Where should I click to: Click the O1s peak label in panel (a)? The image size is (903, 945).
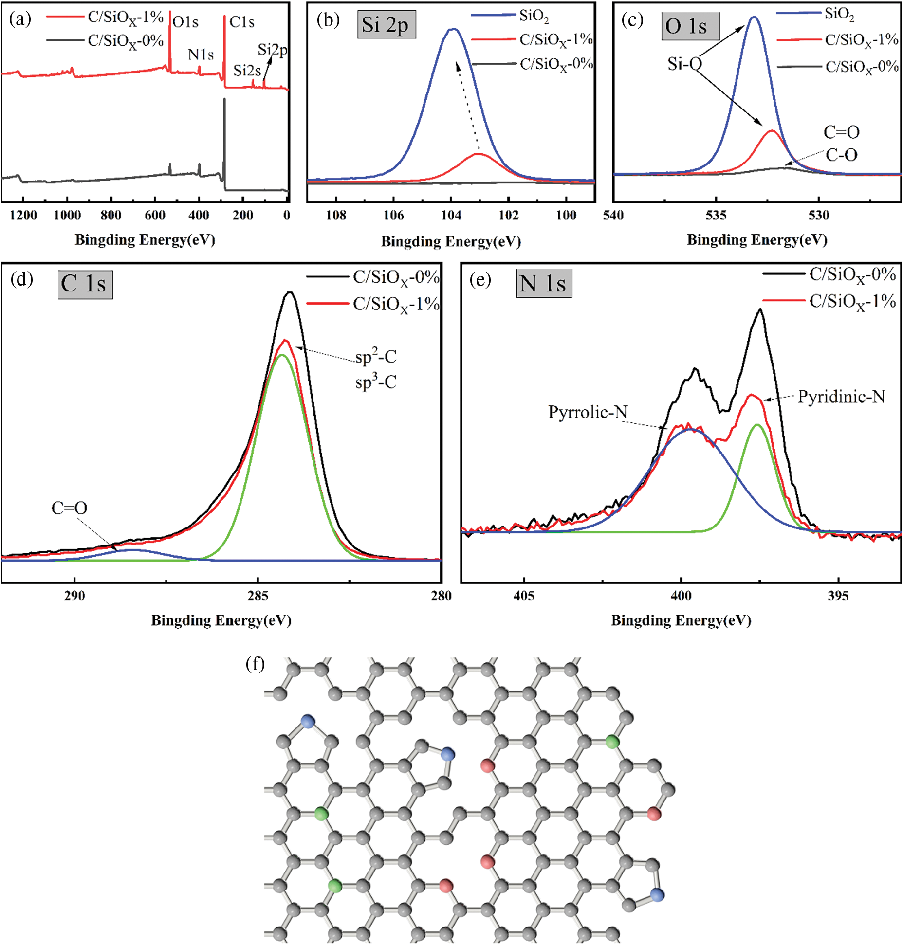[x=185, y=22]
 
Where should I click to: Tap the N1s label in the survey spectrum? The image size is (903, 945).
[x=201, y=55]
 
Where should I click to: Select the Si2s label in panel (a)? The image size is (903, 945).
[x=247, y=71]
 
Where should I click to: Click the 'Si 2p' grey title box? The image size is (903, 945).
[x=386, y=25]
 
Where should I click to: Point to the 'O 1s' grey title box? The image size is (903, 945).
[x=689, y=26]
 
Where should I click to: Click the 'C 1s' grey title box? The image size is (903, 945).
[x=85, y=284]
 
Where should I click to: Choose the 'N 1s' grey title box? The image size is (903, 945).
[x=544, y=284]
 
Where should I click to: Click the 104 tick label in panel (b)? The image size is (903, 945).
[x=451, y=216]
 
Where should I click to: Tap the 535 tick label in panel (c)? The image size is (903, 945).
[x=716, y=216]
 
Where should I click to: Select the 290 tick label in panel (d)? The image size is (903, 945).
[x=74, y=596]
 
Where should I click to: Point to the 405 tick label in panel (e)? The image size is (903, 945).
[x=524, y=596]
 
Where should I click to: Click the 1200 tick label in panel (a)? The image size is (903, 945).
[x=23, y=216]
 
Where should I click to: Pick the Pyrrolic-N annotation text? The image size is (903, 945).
[x=588, y=412]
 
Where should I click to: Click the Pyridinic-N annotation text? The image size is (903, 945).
[x=841, y=397]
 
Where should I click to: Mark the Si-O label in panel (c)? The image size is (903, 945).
[x=684, y=64]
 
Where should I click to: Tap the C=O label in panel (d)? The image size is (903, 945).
[x=69, y=509]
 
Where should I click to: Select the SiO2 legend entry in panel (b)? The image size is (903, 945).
[x=534, y=16]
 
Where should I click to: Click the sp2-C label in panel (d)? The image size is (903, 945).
[x=376, y=357]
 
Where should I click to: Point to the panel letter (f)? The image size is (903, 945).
[x=255, y=663]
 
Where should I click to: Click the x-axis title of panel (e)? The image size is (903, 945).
[x=681, y=620]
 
